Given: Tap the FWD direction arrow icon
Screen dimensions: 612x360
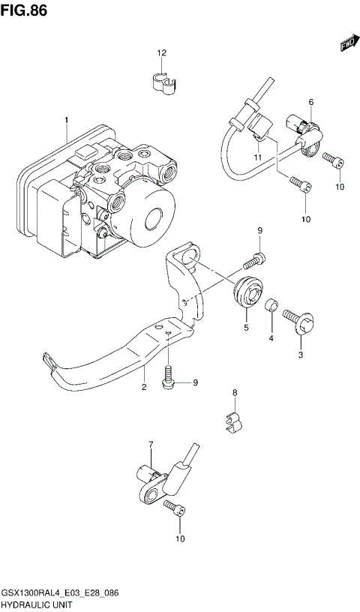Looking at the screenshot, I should (x=347, y=44).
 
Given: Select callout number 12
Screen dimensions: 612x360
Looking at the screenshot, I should (x=161, y=53).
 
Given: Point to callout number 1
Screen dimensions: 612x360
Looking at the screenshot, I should (x=66, y=120).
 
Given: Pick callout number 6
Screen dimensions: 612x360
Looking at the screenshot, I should (x=310, y=102).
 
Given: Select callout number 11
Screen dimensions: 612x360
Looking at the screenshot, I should (x=256, y=157).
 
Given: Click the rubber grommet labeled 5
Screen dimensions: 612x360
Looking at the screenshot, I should (x=247, y=293).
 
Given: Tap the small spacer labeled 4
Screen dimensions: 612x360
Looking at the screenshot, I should (x=274, y=308).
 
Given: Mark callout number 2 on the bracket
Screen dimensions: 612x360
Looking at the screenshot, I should (x=143, y=387).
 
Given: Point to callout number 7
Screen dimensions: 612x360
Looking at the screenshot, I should (x=150, y=445).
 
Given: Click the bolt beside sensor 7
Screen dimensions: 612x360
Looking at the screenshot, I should (x=174, y=509).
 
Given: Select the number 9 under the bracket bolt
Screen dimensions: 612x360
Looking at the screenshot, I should (x=194, y=383).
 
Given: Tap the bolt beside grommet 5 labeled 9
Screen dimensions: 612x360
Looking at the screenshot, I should (x=253, y=261).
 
